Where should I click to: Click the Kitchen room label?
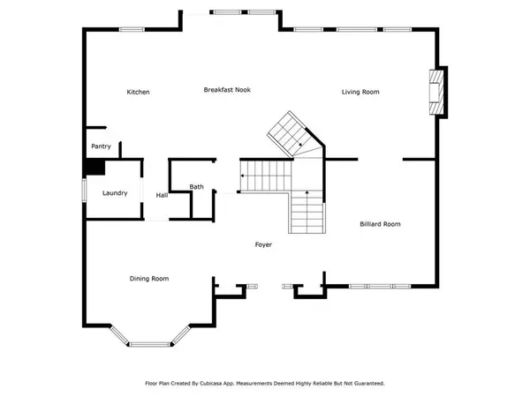pyautogui.click(x=138, y=92)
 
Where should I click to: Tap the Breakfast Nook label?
pyautogui.click(x=227, y=90)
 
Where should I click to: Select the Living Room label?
pyautogui.click(x=360, y=92)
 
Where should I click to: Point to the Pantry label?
pyautogui.click(x=101, y=146)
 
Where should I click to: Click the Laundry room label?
pyautogui.click(x=115, y=193)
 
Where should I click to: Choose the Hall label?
pyautogui.click(x=162, y=195)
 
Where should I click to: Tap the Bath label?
pyautogui.click(x=196, y=187)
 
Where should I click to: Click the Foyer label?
pyautogui.click(x=263, y=244)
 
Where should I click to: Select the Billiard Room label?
pyautogui.click(x=380, y=224)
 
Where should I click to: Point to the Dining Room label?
pyautogui.click(x=149, y=279)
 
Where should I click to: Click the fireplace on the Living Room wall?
pyautogui.click(x=436, y=92)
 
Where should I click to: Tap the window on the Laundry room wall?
pyautogui.click(x=84, y=190)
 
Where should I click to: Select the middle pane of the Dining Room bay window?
pyautogui.click(x=150, y=344)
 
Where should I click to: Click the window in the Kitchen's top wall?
pyautogui.click(x=132, y=30)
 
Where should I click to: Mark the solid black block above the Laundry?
pyautogui.click(x=95, y=167)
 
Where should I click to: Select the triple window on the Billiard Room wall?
pyautogui.click(x=380, y=287)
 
